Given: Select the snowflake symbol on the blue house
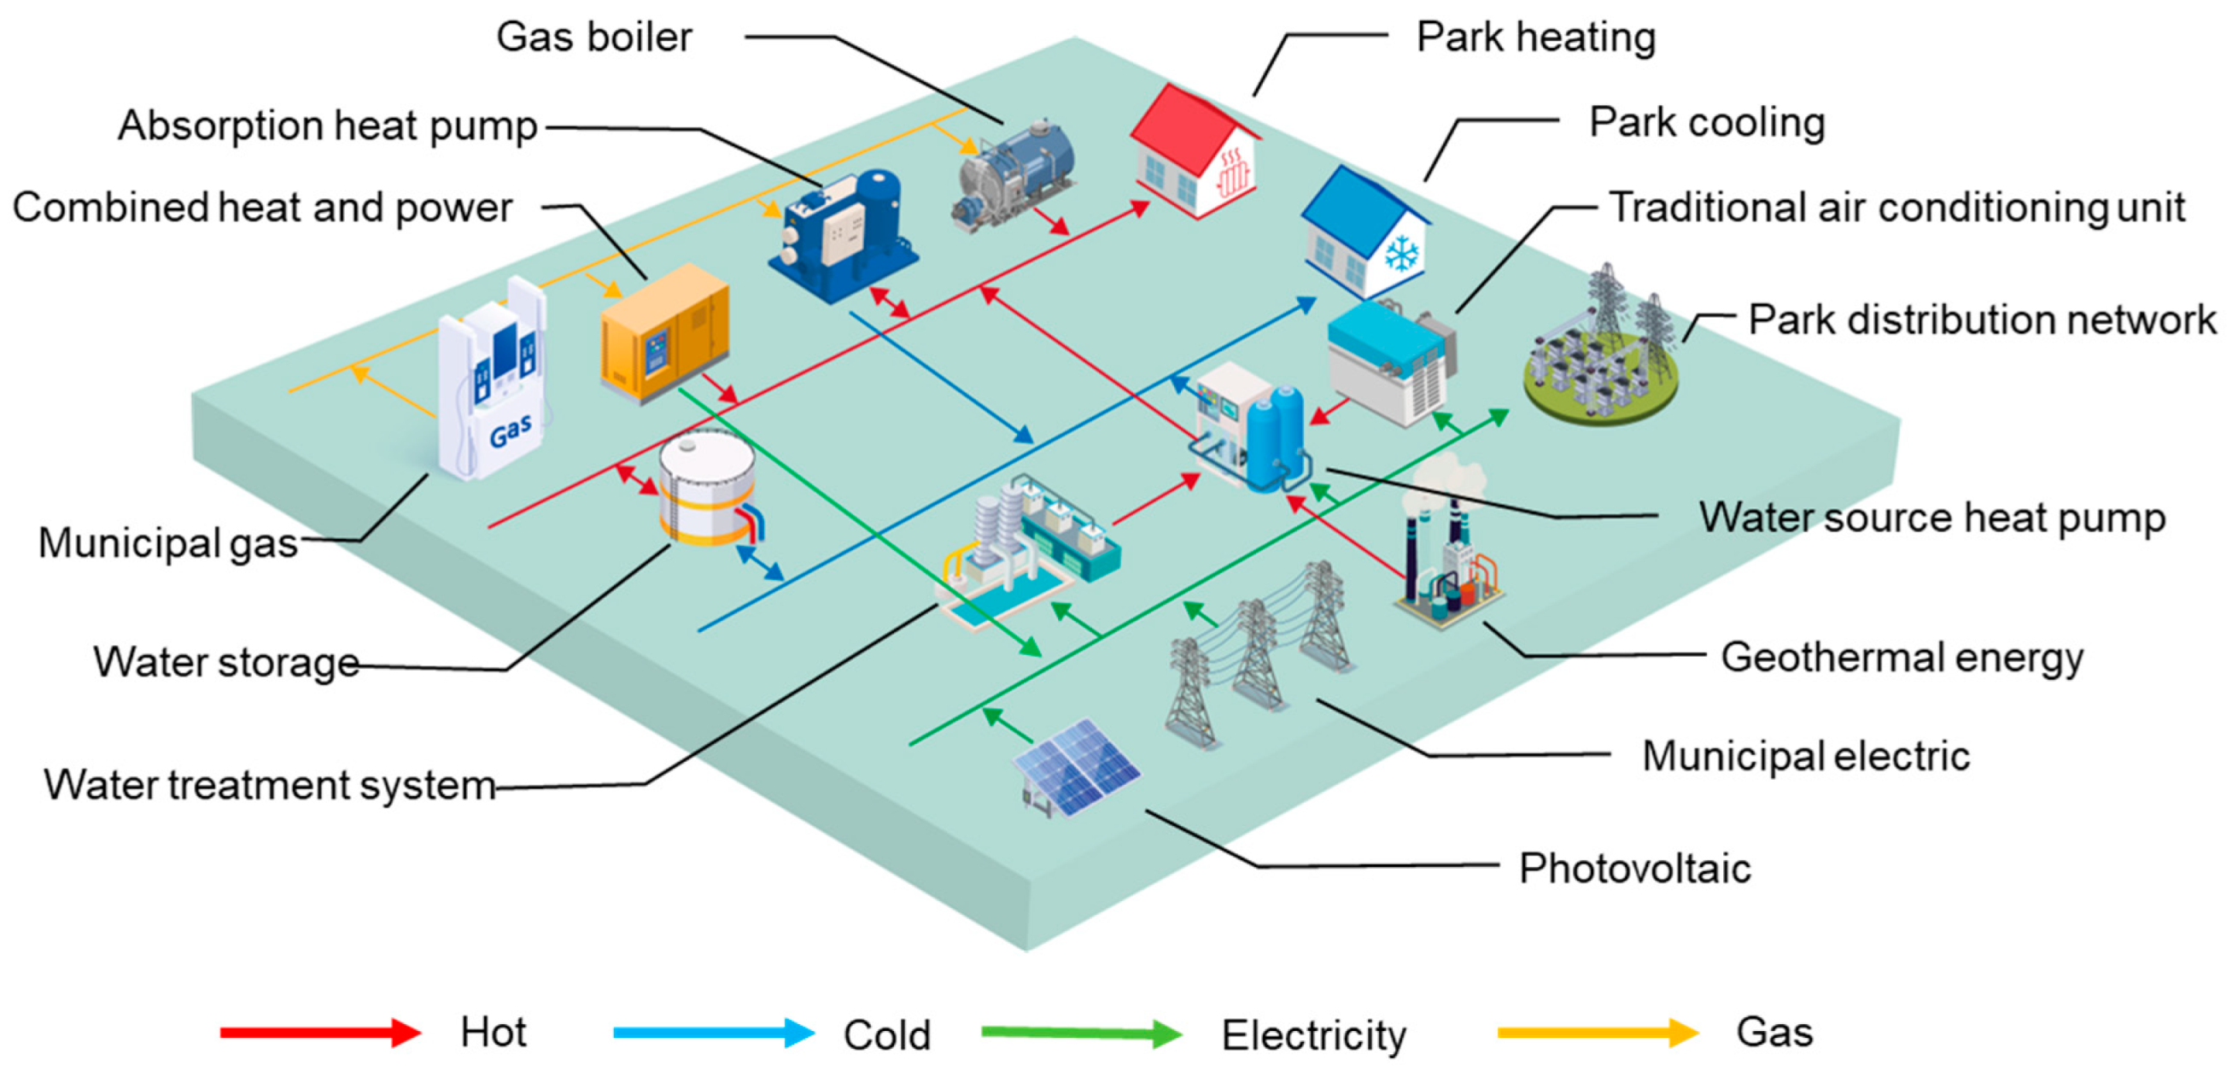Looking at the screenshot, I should point(1401,255).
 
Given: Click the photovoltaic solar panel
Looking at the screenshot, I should point(1077,767).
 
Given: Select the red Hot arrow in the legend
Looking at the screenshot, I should point(319,1032).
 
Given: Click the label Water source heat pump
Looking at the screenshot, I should point(1931,518).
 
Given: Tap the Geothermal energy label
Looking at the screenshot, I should point(1902,657).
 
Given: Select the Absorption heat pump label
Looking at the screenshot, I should point(328,126).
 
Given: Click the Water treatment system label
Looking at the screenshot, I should point(270,785).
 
